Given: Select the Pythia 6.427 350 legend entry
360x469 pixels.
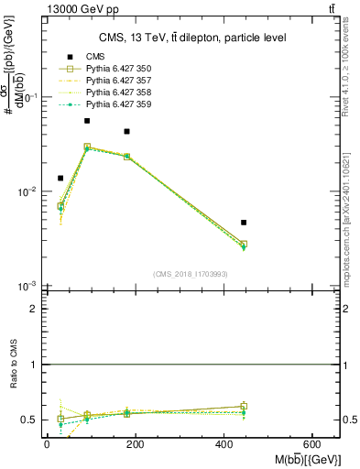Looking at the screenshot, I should (114, 69).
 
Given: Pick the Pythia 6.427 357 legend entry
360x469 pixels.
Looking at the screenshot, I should (114, 81).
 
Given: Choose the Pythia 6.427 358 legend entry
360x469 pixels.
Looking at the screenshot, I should (114, 93).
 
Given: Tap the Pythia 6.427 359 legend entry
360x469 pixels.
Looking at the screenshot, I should (114, 104).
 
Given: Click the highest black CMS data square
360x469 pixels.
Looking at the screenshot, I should (87, 121).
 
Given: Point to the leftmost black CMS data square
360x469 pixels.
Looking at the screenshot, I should (60, 178).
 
